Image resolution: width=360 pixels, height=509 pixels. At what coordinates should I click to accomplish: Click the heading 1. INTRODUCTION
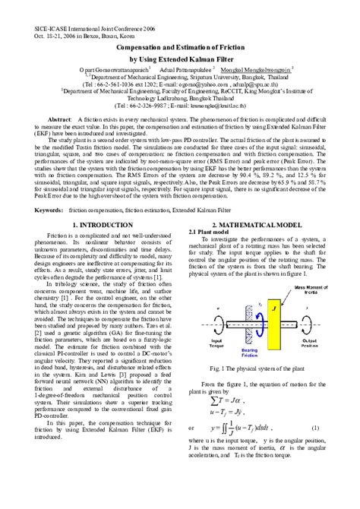[x=99, y=225]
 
